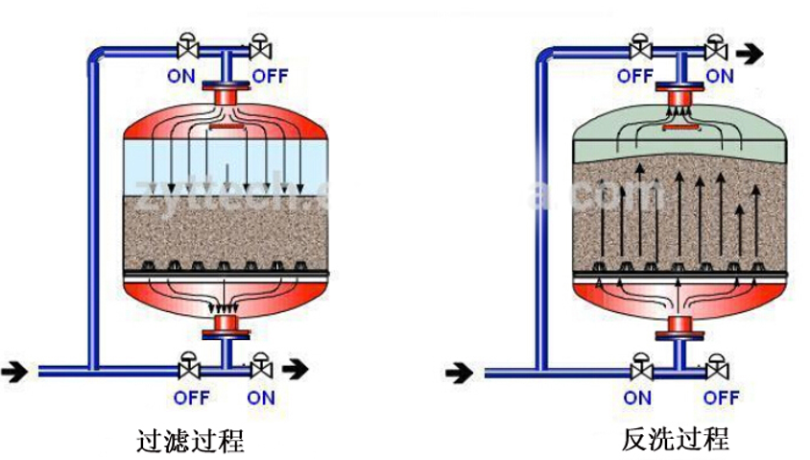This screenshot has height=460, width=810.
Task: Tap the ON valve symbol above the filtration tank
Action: pyautogui.click(x=186, y=48)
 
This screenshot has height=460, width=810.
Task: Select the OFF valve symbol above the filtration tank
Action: pyautogui.click(x=260, y=48)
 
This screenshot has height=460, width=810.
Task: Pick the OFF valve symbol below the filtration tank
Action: pyautogui.click(x=187, y=367)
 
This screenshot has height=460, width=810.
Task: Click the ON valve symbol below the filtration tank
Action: pyautogui.click(x=260, y=367)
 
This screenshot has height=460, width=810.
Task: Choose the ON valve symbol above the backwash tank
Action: pyautogui.click(x=714, y=48)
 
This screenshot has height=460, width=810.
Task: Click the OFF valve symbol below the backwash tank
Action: pyautogui.click(x=714, y=367)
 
